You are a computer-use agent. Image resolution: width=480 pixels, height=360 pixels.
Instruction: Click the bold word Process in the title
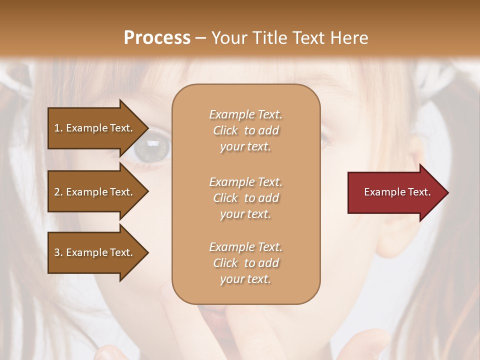pyautogui.click(x=157, y=38)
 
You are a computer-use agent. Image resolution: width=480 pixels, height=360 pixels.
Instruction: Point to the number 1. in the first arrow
pyautogui.click(x=58, y=128)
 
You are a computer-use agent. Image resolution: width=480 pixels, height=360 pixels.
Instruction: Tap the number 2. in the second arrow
pyautogui.click(x=58, y=192)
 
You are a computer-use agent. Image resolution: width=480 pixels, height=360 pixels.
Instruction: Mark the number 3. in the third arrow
pyautogui.click(x=58, y=252)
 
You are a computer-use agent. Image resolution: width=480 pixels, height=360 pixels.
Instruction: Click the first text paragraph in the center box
pyautogui.click(x=245, y=130)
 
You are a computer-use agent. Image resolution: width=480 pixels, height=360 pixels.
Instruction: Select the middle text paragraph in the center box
pyautogui.click(x=245, y=197)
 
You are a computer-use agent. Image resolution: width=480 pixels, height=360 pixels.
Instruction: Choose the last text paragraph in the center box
pyautogui.click(x=245, y=263)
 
